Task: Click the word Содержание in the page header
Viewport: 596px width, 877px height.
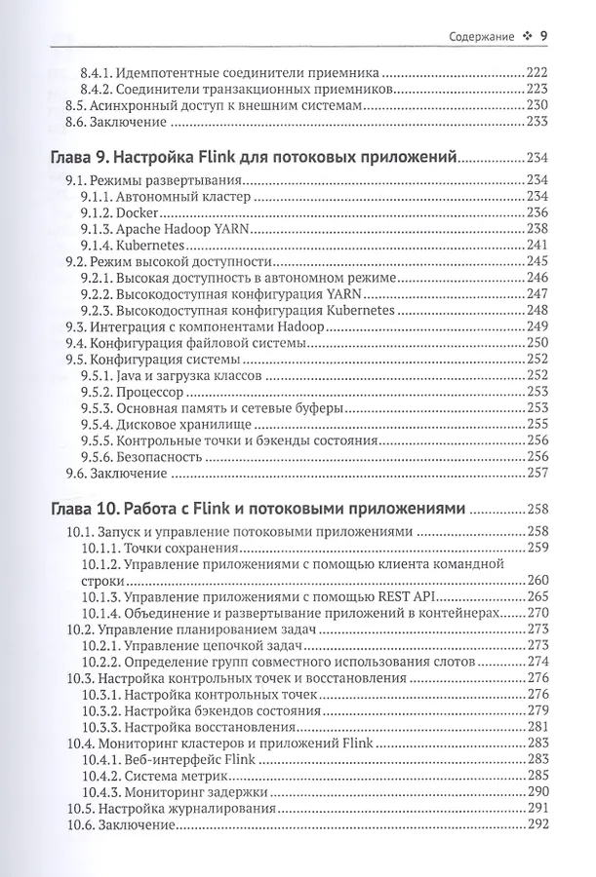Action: coord(483,37)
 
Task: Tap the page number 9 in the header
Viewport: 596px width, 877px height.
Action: coord(542,37)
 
